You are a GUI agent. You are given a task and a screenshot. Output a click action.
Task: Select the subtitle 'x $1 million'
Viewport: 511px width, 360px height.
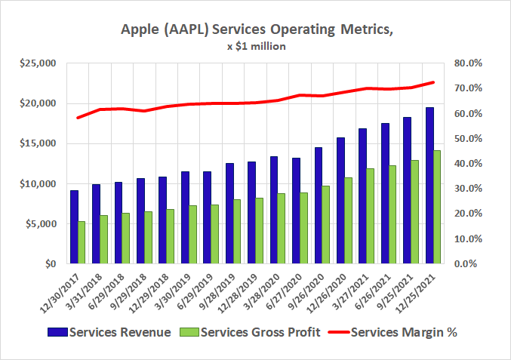(x=255, y=47)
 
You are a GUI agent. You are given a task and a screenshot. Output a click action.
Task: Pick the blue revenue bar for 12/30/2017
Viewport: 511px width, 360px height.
(x=74, y=227)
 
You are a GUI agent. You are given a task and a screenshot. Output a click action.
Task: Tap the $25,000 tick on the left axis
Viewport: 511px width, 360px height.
(x=39, y=63)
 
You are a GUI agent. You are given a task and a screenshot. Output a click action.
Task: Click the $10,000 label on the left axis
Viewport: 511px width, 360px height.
(x=39, y=184)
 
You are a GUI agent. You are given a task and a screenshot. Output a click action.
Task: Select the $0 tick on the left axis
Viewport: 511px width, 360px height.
(x=49, y=264)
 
